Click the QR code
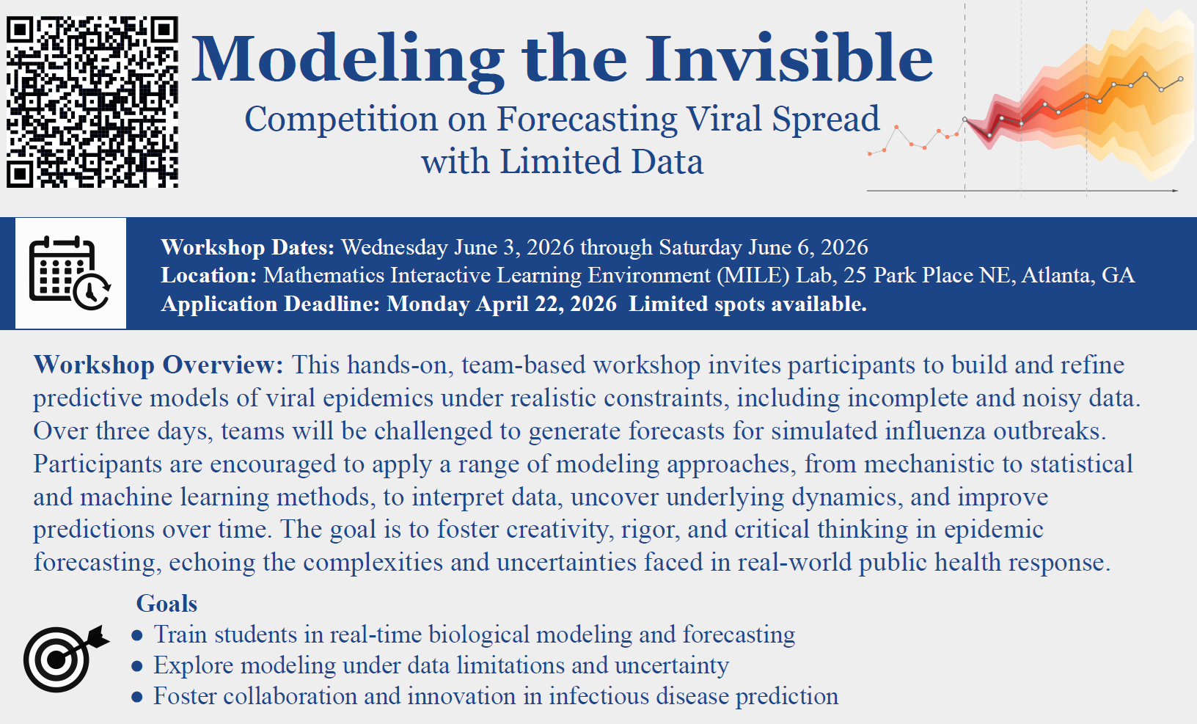coord(92,102)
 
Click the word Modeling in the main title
coord(348,60)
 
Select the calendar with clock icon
coord(70,273)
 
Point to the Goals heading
coord(166,603)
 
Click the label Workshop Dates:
coord(247,247)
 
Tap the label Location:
coord(209,275)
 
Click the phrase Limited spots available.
coord(747,304)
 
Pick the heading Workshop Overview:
coord(158,365)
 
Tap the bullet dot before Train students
coord(137,635)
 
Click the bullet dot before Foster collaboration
coord(137,697)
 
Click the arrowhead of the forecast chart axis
coord(1175,191)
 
